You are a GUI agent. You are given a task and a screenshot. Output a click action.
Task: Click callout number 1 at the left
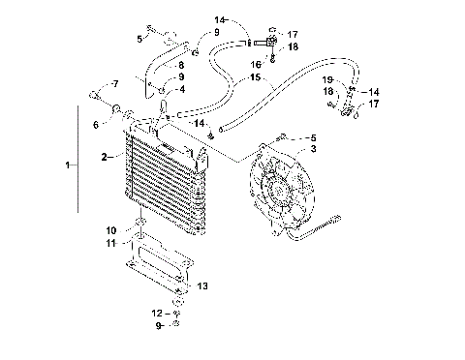(x=67, y=166)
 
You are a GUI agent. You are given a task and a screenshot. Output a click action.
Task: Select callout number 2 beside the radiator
(x=104, y=155)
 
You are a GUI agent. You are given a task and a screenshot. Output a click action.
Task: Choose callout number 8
(x=181, y=64)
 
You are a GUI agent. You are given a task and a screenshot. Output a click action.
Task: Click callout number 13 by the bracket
(x=201, y=287)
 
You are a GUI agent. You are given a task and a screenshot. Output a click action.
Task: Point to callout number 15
(x=255, y=77)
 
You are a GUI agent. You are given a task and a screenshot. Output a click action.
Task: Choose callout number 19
(x=328, y=79)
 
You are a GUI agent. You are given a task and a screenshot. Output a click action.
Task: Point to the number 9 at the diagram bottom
(x=152, y=325)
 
